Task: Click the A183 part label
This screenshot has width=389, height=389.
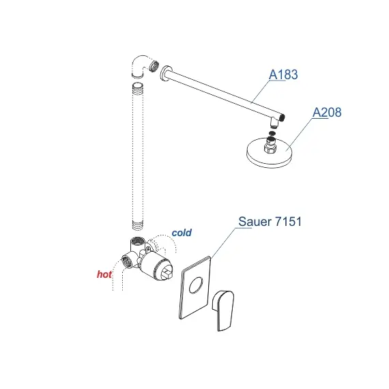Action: [283, 74]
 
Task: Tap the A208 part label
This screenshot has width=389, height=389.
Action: [327, 113]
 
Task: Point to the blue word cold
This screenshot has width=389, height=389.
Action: [182, 233]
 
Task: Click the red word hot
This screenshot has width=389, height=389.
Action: [104, 274]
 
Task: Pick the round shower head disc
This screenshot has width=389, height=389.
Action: [270, 154]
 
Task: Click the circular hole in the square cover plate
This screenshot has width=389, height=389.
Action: [196, 285]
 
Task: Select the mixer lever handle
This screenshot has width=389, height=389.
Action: [223, 311]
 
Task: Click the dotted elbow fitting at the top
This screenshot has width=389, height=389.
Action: [141, 66]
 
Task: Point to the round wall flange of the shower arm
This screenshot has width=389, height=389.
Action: [165, 74]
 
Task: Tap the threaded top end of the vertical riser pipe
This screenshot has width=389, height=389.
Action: [137, 87]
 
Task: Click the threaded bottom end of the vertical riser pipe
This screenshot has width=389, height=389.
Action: [137, 225]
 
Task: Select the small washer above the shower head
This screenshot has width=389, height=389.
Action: [272, 134]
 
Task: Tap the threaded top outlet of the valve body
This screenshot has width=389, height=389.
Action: [137, 241]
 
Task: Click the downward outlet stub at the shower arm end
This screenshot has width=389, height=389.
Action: [274, 122]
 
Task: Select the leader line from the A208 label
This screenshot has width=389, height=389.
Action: [300, 134]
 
